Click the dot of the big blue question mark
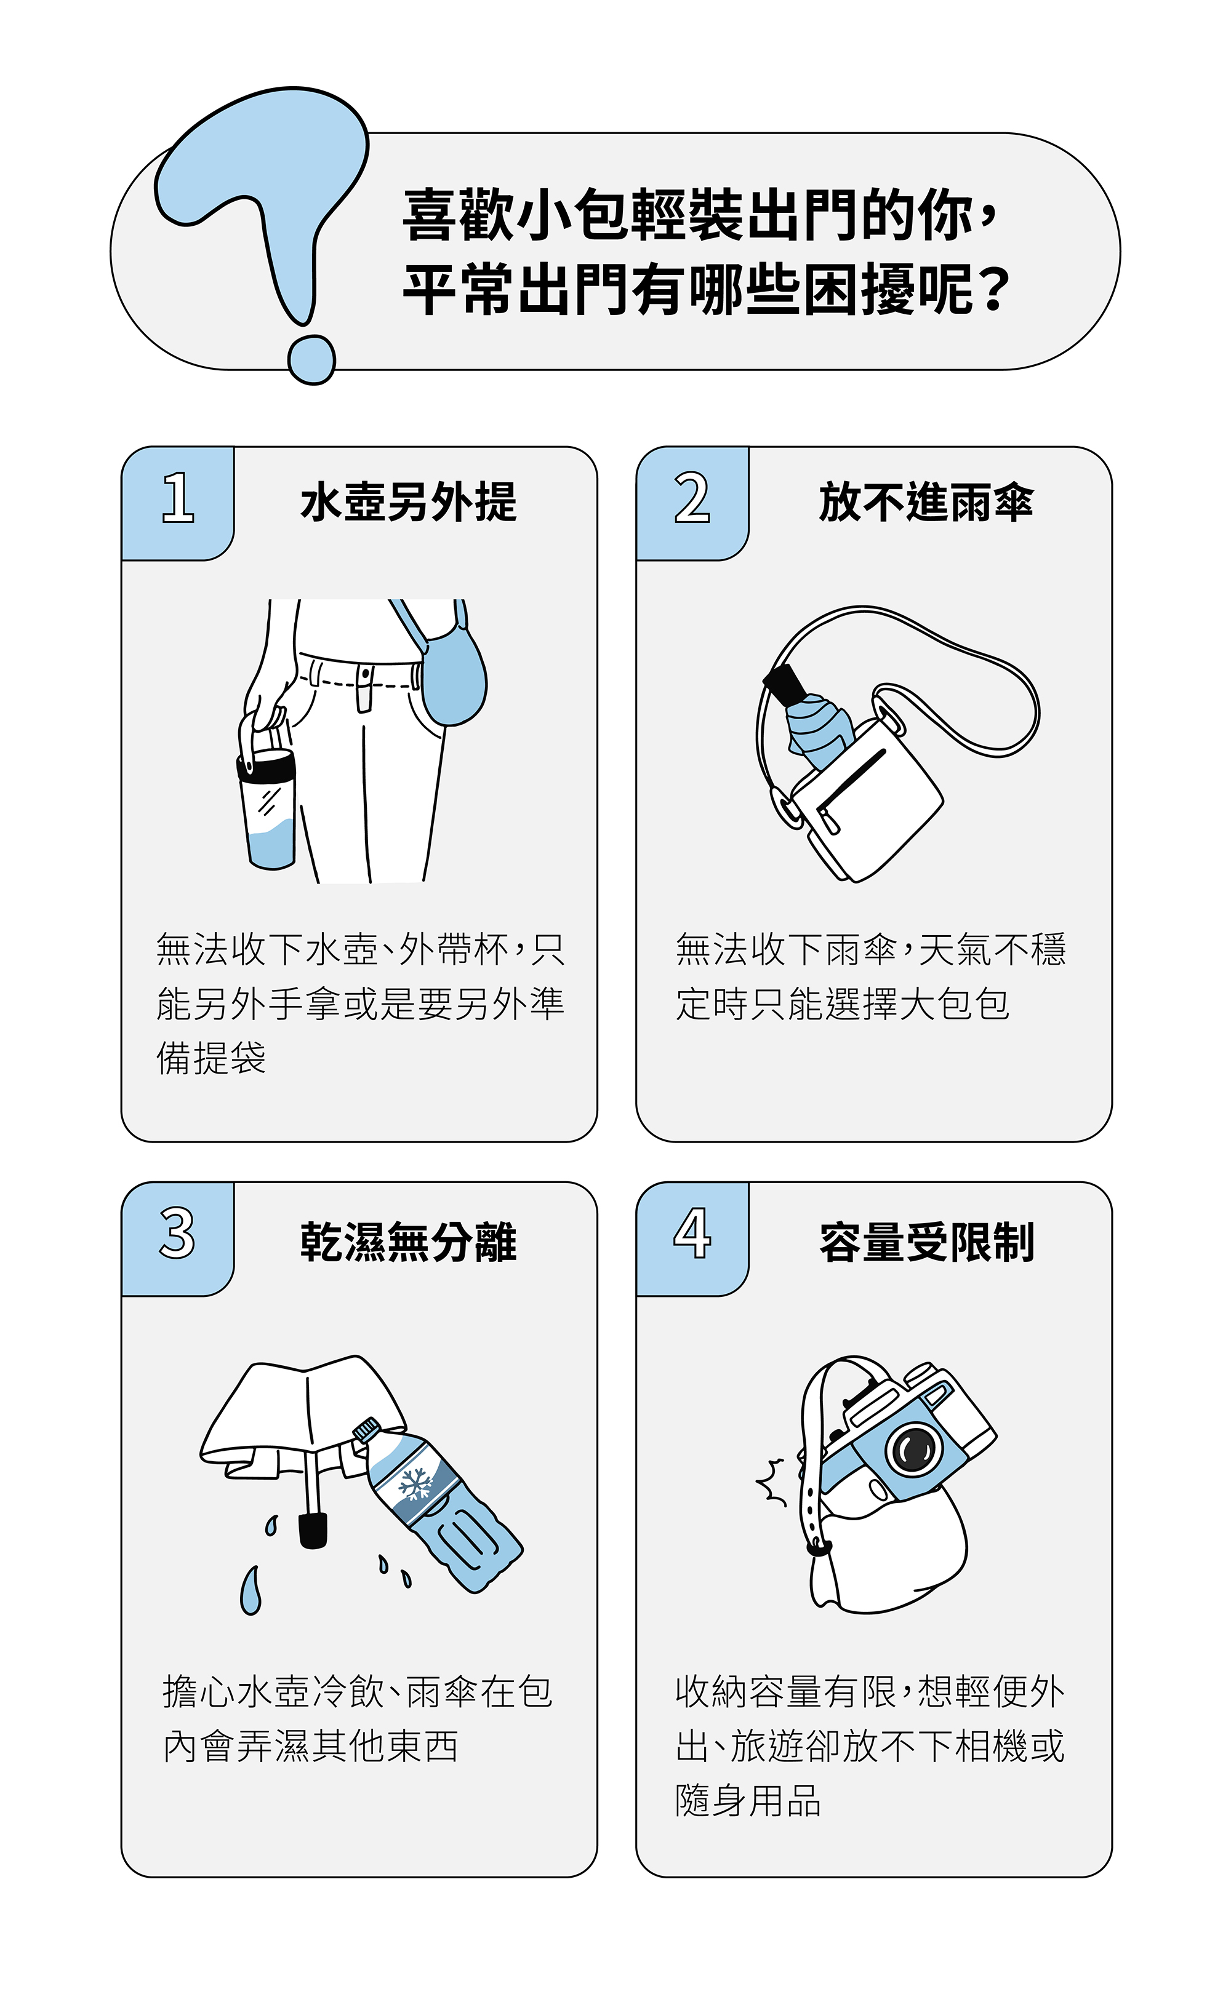click(x=311, y=359)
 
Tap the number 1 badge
click(x=177, y=503)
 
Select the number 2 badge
click(x=692, y=503)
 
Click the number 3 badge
click(x=177, y=1238)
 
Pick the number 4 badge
click(x=692, y=1238)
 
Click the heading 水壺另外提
click(x=409, y=501)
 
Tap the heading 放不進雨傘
click(x=926, y=501)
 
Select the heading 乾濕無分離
click(x=409, y=1242)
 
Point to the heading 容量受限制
click(x=926, y=1242)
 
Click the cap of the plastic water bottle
click(x=366, y=1430)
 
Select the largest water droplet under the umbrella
click(x=251, y=1591)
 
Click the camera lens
click(x=913, y=1449)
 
